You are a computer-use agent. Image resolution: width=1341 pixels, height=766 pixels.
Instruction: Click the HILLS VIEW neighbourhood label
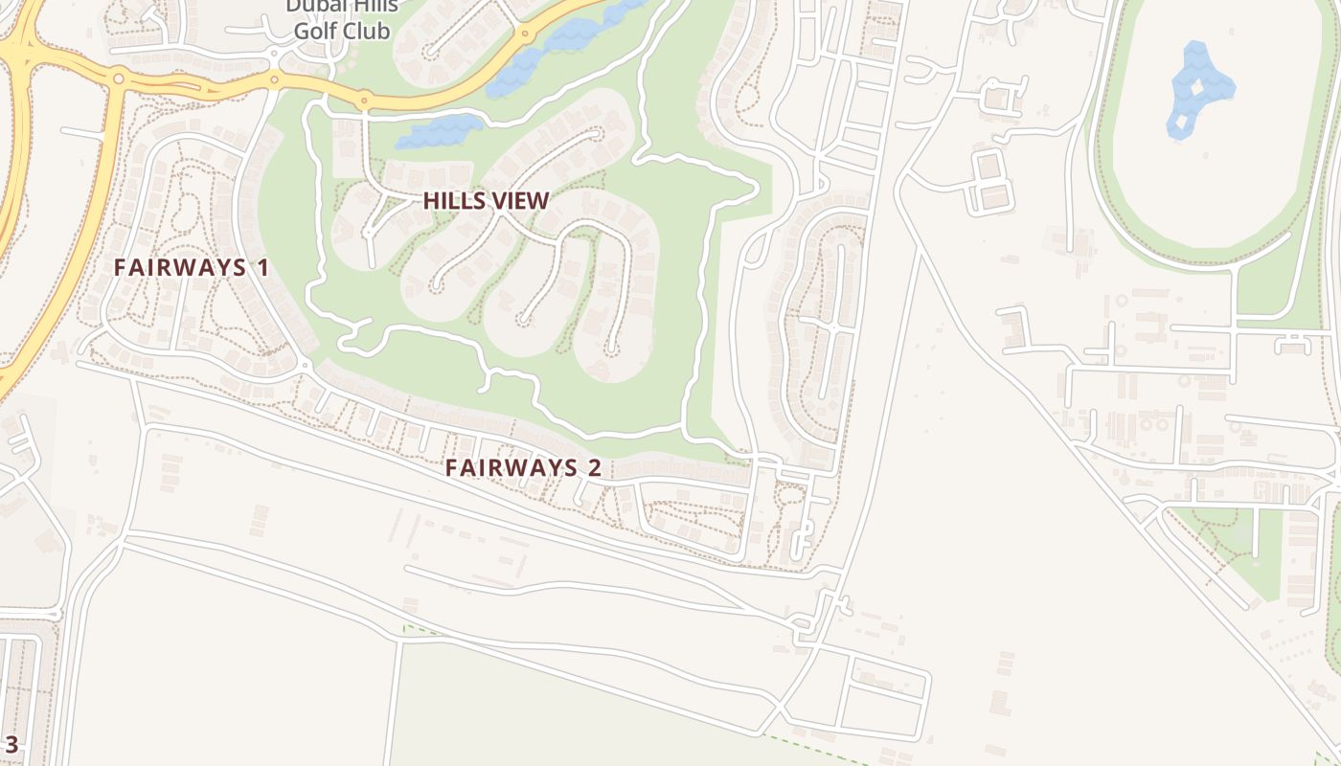486,200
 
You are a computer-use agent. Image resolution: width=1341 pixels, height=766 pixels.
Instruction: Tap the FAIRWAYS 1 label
192,267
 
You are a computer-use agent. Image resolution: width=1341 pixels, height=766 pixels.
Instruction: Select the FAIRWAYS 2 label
523,467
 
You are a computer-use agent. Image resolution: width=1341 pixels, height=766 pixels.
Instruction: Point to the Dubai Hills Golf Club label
342,19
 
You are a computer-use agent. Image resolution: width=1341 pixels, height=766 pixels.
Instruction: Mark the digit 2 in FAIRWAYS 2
594,467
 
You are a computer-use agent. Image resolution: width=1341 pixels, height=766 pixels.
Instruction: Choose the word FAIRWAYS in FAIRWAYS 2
510,467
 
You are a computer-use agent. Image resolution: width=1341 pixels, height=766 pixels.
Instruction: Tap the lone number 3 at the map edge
11,744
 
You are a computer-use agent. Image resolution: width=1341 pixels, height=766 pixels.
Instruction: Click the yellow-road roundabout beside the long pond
525,34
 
